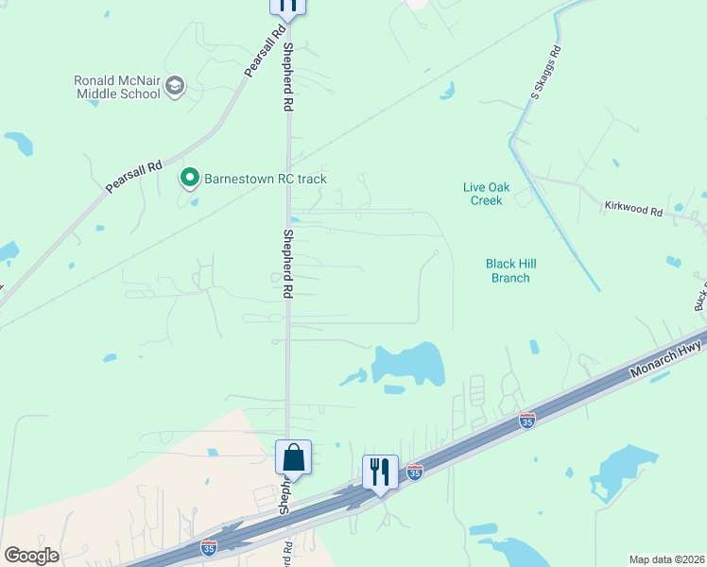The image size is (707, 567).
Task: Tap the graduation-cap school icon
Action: tap(174, 88)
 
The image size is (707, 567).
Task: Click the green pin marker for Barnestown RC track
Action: tap(189, 178)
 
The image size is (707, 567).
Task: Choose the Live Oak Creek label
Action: tap(486, 194)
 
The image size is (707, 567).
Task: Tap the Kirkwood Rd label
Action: tap(633, 208)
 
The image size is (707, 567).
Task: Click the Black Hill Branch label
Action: tap(508, 271)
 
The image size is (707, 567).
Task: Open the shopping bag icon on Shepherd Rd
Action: tap(293, 458)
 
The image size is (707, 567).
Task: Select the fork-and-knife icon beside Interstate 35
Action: tap(380, 472)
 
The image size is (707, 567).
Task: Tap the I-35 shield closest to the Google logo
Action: tap(209, 545)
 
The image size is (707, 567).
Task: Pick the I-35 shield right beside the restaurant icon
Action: tap(414, 471)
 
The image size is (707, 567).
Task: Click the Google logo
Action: tap(31, 556)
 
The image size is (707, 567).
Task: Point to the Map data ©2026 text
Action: tap(667, 558)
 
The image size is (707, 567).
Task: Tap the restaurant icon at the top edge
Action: tap(287, 5)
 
